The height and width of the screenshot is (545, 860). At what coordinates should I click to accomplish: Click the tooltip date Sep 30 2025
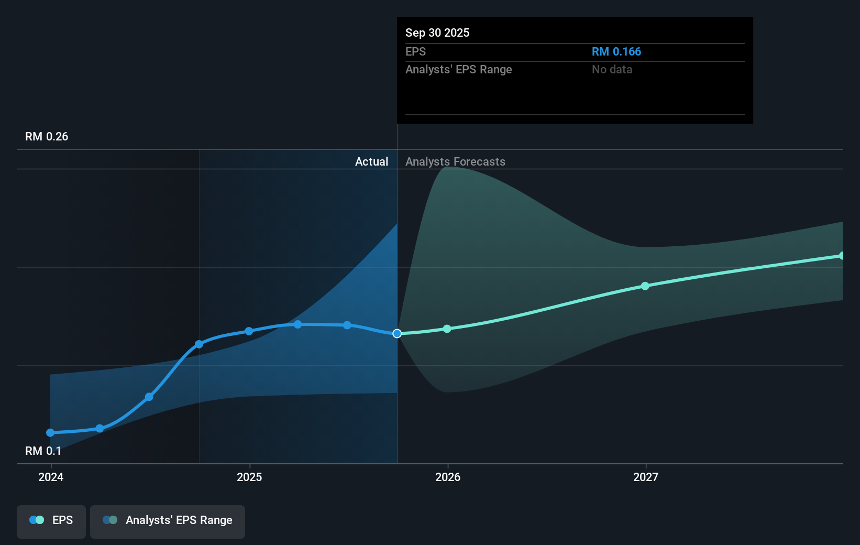(x=437, y=32)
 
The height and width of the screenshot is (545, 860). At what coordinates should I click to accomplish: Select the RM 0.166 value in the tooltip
(x=616, y=51)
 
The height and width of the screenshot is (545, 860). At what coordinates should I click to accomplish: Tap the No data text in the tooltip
(x=612, y=69)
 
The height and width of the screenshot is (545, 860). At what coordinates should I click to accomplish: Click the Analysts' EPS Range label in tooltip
(x=458, y=69)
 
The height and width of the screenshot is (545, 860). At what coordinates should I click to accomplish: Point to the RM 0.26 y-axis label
(x=47, y=136)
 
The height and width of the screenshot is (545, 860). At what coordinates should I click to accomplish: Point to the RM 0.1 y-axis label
(x=43, y=451)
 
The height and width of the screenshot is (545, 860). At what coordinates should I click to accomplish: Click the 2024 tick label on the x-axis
(x=51, y=477)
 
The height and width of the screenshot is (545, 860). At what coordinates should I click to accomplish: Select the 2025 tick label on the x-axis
(x=249, y=477)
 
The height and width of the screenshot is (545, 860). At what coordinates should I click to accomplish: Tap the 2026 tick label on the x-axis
(x=448, y=477)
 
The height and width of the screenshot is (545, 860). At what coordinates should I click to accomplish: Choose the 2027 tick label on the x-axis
(x=645, y=477)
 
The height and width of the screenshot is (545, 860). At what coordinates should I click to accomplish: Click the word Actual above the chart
(x=371, y=161)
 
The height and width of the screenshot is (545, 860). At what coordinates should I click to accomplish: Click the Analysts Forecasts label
(x=455, y=161)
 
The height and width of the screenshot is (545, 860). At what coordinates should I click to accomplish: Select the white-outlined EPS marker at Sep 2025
(x=397, y=333)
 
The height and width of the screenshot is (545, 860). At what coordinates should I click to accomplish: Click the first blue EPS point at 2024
(x=50, y=432)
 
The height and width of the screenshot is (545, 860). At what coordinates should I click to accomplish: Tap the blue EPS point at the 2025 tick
(x=249, y=331)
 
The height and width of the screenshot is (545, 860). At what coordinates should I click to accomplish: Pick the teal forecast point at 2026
(x=447, y=329)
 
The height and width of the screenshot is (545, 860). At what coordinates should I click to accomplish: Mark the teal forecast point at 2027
(x=645, y=286)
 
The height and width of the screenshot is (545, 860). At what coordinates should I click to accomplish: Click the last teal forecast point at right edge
(x=842, y=256)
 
